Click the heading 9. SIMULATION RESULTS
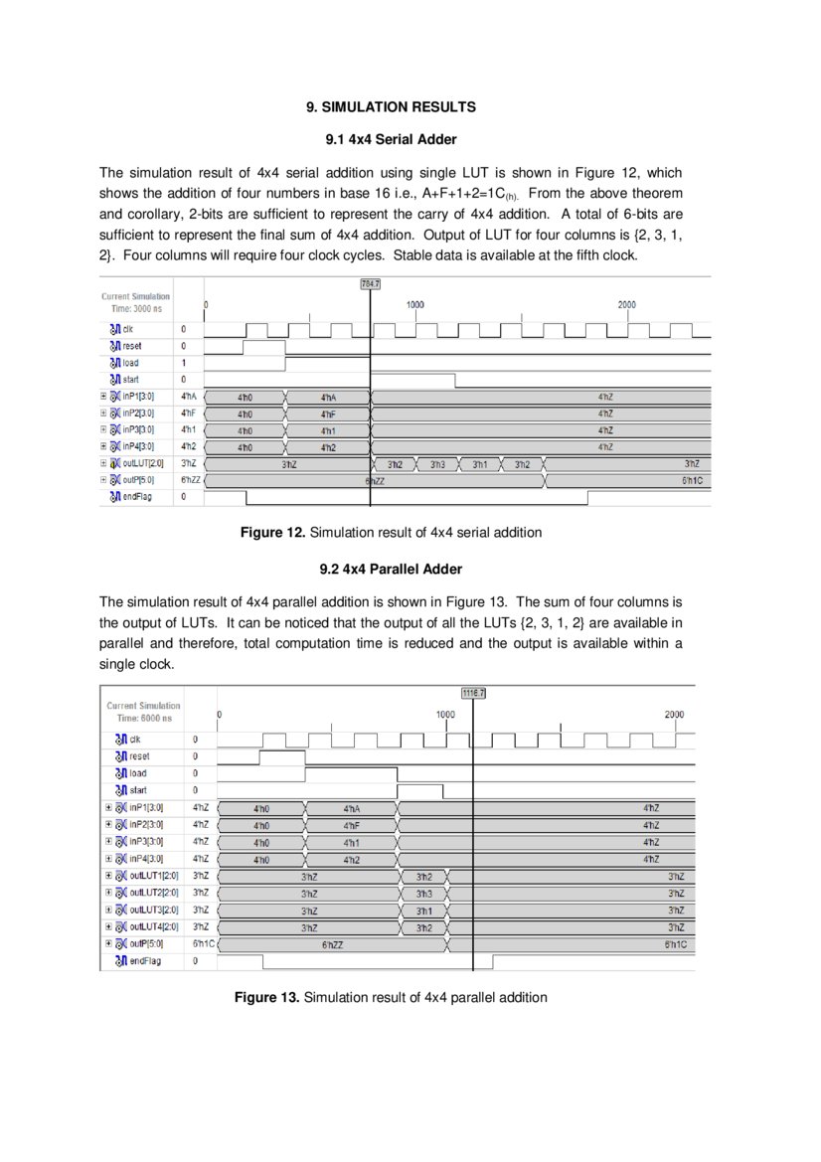tap(391, 106)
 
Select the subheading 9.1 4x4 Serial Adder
tap(391, 139)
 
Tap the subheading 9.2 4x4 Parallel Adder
tap(391, 570)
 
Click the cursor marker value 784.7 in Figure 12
tap(370, 284)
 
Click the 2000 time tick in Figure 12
tap(626, 305)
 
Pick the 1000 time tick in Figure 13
tap(446, 715)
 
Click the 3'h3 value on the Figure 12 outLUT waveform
tap(437, 464)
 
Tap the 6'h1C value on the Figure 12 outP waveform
tap(692, 480)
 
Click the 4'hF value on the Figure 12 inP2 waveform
tap(328, 414)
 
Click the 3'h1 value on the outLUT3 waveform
tap(424, 911)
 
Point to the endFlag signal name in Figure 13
tap(144, 961)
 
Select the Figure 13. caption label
tap(266, 997)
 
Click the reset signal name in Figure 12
tap(132, 345)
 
